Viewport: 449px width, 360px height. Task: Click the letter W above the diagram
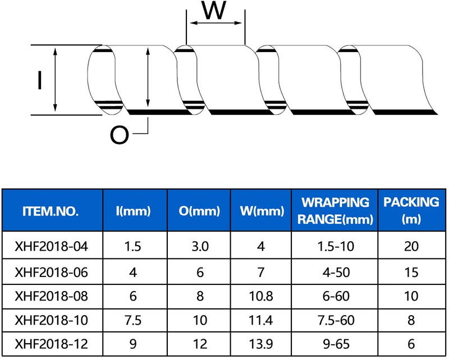coord(214,10)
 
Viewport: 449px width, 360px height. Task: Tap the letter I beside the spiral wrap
coord(39,80)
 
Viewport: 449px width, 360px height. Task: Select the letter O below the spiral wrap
coord(120,135)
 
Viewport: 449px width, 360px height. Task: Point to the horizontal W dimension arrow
coord(216,23)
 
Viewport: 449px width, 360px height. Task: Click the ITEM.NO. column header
coord(51,211)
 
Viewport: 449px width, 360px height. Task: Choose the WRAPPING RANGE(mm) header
coord(335,211)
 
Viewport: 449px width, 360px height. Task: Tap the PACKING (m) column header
coord(411,211)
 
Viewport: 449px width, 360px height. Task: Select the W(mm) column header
coord(262,211)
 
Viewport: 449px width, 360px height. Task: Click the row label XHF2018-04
coord(51,246)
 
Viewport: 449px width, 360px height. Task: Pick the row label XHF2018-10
coord(51,320)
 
